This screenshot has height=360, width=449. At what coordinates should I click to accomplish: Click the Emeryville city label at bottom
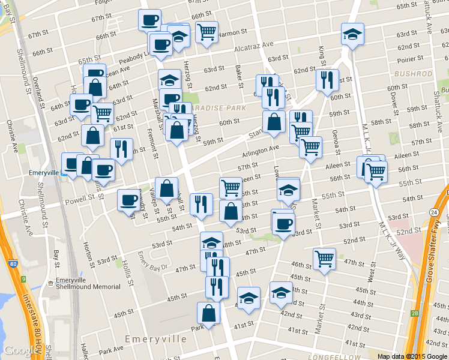tap(155, 339)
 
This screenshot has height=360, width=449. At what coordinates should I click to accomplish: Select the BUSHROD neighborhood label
tap(413, 74)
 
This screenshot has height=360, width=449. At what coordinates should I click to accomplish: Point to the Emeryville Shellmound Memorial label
tap(88, 283)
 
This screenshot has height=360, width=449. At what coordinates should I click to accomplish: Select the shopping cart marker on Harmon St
tap(206, 31)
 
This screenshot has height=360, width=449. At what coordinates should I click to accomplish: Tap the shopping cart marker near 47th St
tap(324, 259)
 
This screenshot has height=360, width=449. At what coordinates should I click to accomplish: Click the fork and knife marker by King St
tap(327, 79)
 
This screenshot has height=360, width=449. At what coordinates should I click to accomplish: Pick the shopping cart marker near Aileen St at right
tap(376, 172)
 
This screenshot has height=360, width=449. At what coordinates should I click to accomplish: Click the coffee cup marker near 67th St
tap(149, 19)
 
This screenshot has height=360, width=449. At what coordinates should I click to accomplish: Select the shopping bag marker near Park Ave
tap(208, 313)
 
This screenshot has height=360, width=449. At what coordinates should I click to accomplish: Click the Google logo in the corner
tap(20, 350)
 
